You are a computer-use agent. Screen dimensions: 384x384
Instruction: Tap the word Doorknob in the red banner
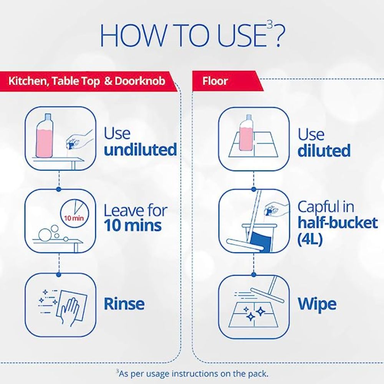tap(140, 81)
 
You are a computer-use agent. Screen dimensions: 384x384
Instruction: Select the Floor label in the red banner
tap(215, 81)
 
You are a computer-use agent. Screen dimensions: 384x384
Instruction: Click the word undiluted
tap(140, 149)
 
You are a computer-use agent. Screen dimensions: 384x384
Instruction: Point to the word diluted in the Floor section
tap(324, 151)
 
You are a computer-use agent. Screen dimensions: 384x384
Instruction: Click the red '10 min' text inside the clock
tap(74, 218)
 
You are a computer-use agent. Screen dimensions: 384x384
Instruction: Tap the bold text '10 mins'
tap(133, 225)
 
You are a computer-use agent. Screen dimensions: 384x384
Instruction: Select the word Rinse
tap(124, 304)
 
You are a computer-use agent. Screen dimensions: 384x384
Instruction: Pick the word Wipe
tap(317, 305)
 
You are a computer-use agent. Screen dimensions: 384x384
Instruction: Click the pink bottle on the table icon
tap(44, 136)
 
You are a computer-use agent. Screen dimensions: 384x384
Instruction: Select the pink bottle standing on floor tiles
tap(245, 132)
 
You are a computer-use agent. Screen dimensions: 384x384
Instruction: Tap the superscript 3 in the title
tap(270, 25)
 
